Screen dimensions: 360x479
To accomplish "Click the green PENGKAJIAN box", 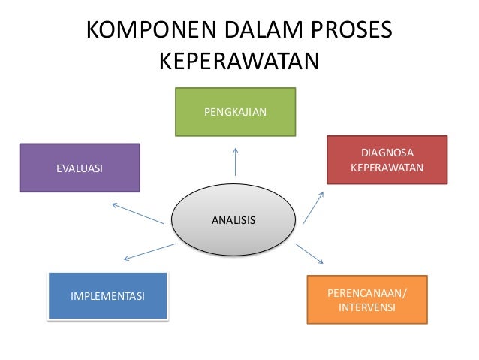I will tap(235, 112).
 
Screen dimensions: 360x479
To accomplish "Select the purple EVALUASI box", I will tap(80, 168).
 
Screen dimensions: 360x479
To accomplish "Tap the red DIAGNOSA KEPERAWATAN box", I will tap(387, 159).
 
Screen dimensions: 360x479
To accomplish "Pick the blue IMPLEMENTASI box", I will tap(107, 296).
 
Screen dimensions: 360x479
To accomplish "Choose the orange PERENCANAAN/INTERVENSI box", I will tap(367, 300).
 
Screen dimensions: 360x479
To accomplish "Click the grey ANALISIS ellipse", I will tap(233, 220).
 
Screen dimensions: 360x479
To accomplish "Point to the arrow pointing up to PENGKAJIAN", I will tap(236, 162).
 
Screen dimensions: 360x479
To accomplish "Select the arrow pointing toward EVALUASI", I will tap(137, 213).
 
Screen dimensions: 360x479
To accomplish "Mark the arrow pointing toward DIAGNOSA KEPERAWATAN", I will tap(314, 207).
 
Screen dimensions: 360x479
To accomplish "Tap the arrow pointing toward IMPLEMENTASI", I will tap(149, 252).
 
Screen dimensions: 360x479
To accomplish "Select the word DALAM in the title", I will tap(255, 32).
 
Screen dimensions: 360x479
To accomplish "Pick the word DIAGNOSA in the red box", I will tap(387, 153).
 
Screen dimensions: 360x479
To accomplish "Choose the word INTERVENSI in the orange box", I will tap(367, 307).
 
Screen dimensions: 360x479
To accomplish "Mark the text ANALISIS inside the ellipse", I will tap(233, 220).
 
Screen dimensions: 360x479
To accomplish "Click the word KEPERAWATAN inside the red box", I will tap(387, 167).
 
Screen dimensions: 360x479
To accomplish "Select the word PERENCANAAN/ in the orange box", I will tap(367, 292).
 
